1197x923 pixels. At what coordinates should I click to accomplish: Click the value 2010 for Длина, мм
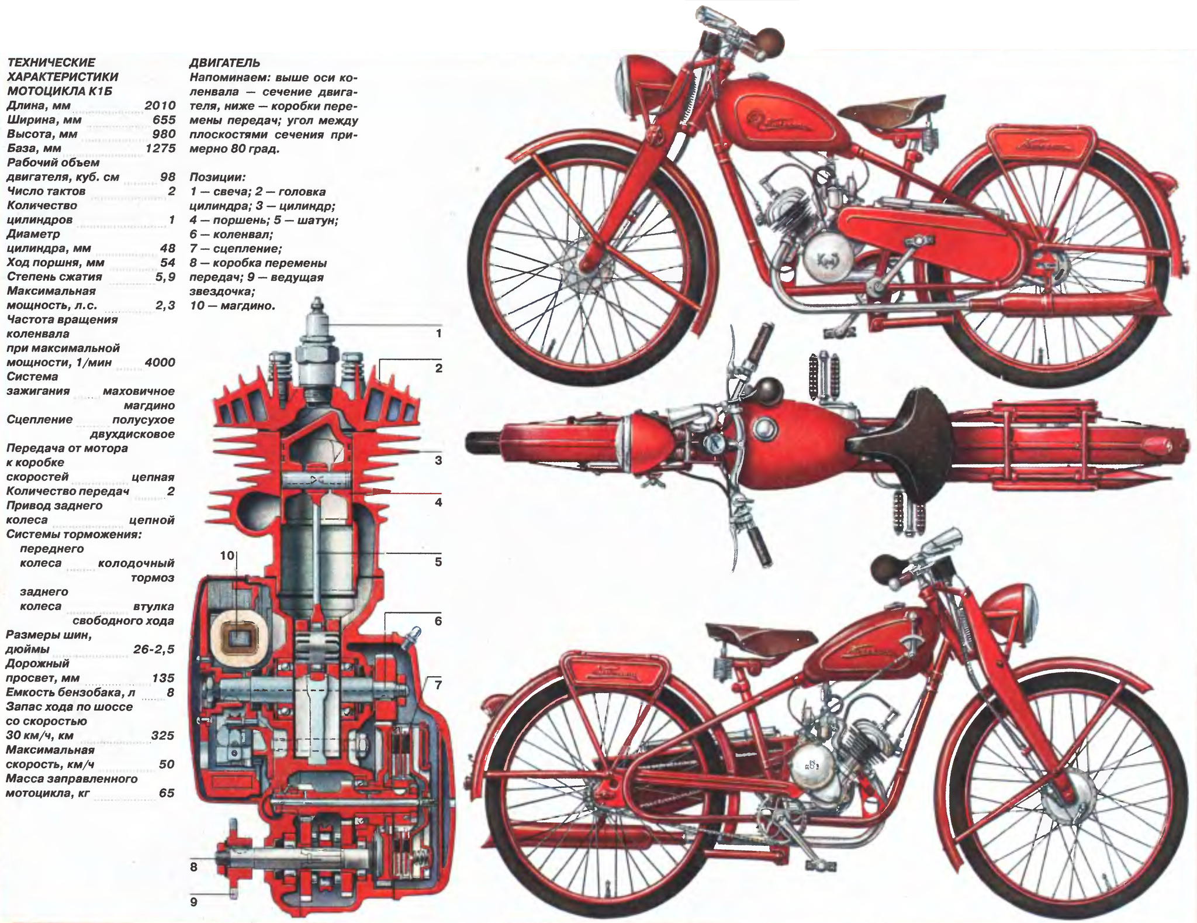tap(160, 106)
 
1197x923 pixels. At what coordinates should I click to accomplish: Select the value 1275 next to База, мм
tap(160, 149)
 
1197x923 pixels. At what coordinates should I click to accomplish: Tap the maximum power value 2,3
tap(165, 305)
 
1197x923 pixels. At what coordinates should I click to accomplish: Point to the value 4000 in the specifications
tap(160, 363)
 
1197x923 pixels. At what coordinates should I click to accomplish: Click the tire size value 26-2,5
tap(154, 649)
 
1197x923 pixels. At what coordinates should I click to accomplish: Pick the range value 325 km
tap(162, 735)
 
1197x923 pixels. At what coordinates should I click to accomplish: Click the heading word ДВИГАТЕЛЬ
tap(225, 63)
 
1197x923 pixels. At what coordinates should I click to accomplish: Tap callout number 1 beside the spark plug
tap(438, 334)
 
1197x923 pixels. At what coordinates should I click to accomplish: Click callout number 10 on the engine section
tap(227, 555)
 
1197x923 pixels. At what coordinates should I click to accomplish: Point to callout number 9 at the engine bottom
tap(193, 902)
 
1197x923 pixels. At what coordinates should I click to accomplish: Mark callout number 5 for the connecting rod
tap(438, 562)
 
